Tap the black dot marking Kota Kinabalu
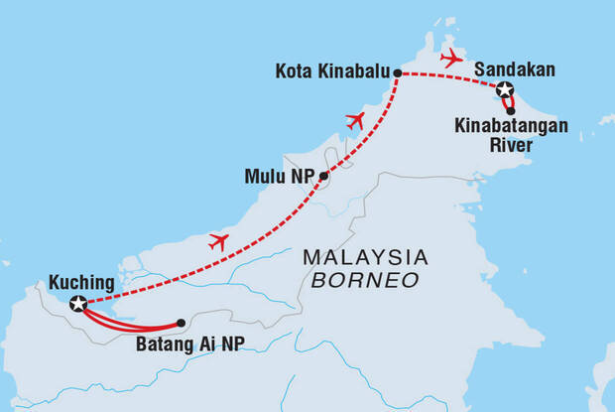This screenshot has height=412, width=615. pyautogui.click(x=397, y=73)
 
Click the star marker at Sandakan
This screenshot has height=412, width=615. pyautogui.click(x=505, y=91)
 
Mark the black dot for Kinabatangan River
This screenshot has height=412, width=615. pyautogui.click(x=511, y=110)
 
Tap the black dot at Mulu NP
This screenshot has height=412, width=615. pyautogui.click(x=323, y=177)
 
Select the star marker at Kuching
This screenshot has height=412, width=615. pyautogui.click(x=78, y=303)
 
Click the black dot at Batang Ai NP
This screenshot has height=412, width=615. pyautogui.click(x=181, y=323)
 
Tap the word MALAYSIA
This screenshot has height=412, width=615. pyautogui.click(x=365, y=257)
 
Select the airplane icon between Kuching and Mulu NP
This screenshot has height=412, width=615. pyautogui.click(x=219, y=241)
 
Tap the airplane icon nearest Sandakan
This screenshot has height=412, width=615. pyautogui.click(x=451, y=58)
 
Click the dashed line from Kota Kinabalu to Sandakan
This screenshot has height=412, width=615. pyautogui.click(x=446, y=76)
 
